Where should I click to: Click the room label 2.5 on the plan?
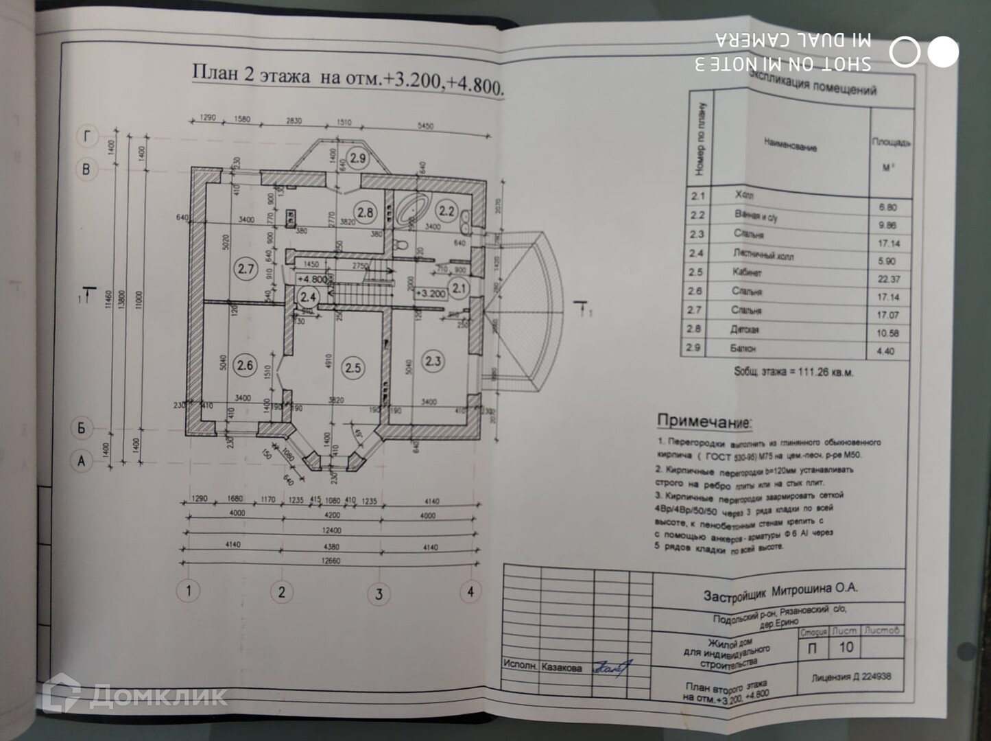coord(353,368)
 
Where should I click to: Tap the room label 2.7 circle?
coord(246,269)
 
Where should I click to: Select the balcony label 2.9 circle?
coord(357,158)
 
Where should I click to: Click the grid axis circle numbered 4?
coord(470,591)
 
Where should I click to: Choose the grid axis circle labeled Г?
coord(86,137)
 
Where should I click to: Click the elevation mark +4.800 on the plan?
coord(312,279)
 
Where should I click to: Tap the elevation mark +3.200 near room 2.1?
coord(431,293)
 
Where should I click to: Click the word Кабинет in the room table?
coord(747,272)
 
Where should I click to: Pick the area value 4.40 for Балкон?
coord(885,351)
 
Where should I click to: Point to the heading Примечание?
coord(704,421)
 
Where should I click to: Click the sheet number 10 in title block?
coord(846,646)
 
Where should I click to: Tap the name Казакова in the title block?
coord(561,667)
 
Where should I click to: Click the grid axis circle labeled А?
coord(82,460)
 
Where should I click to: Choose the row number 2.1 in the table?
coord(698,196)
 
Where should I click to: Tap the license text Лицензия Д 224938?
coord(851,677)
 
